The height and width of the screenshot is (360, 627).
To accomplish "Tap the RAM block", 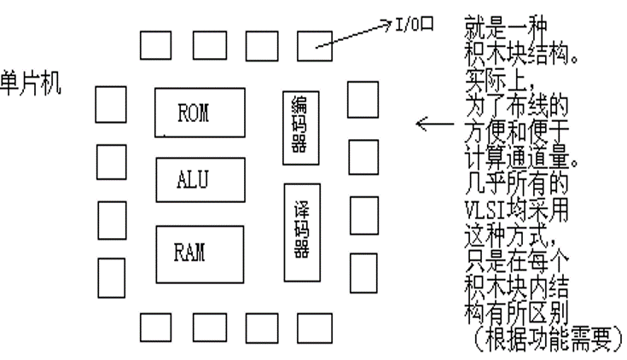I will [x=199, y=253].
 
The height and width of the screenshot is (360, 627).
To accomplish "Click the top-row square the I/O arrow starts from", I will [x=315, y=44].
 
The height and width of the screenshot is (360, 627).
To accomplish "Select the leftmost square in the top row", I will [x=155, y=44].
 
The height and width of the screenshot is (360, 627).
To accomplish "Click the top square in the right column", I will [x=363, y=100].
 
